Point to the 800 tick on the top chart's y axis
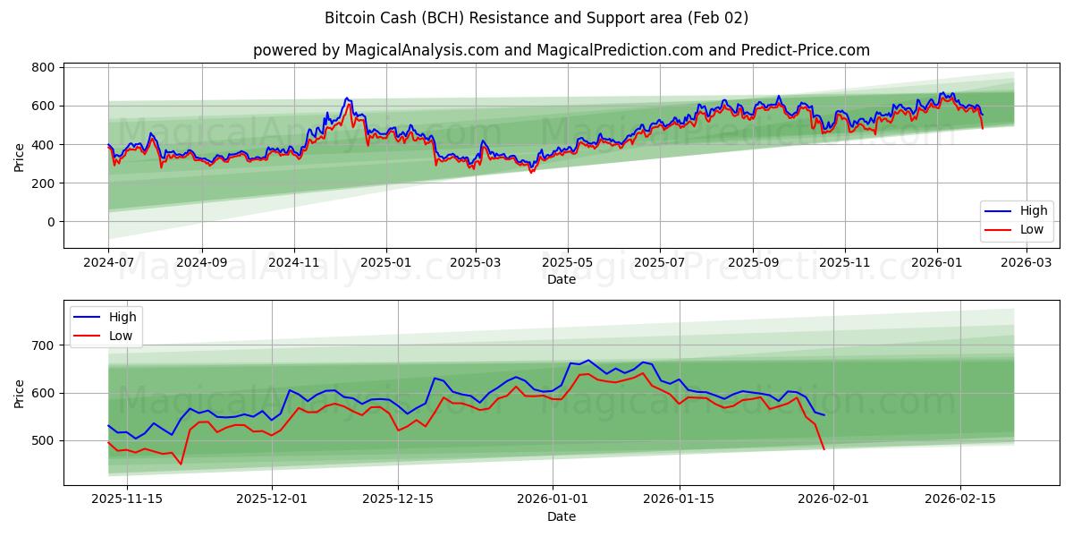tap(43, 67)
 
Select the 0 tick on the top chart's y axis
tap(50, 222)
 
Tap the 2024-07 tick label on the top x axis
tap(108, 263)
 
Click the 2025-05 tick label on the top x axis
tap(567, 263)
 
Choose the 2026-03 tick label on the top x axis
tap(1025, 263)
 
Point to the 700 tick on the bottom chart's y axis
tap(43, 345)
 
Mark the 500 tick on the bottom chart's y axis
tap(43, 440)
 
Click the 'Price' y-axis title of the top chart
tap(20, 157)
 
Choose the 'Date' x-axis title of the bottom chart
tap(561, 516)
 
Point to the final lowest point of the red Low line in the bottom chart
tap(824, 448)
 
